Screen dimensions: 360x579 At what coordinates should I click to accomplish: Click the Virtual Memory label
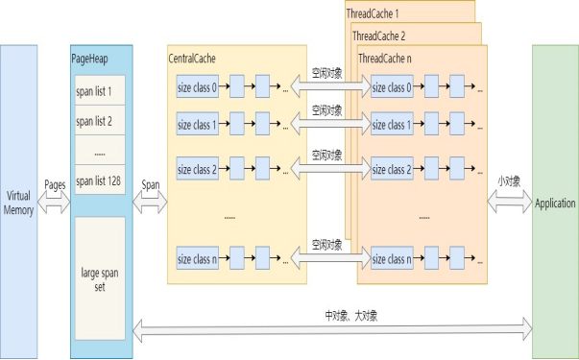(19, 203)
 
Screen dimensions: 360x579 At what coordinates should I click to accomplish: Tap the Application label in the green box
(555, 204)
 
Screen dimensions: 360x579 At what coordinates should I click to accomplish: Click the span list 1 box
(99, 92)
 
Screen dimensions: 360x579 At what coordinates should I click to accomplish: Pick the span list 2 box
(99, 122)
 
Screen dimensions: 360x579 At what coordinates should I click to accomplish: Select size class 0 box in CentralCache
(197, 88)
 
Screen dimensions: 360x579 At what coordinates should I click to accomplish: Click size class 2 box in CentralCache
(197, 170)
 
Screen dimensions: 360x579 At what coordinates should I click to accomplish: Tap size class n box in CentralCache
(197, 259)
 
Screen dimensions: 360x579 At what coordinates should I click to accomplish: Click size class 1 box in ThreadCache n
(392, 125)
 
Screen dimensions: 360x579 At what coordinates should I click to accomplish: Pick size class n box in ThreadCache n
(392, 259)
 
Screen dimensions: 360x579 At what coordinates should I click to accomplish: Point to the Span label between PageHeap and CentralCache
(151, 182)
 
